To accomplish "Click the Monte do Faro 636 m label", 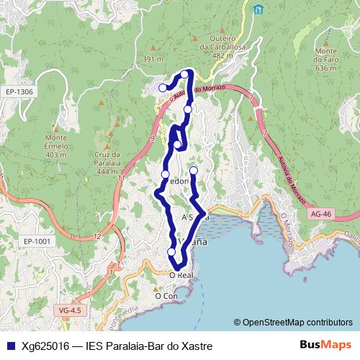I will click(x=326, y=60).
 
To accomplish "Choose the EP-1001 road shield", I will click(x=37, y=241).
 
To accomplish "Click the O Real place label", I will click(x=181, y=275).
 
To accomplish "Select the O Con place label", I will click(x=166, y=295).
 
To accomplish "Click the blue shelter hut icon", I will click(x=258, y=9).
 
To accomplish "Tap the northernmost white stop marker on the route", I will click(x=185, y=74).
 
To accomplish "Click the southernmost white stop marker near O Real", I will click(x=171, y=251).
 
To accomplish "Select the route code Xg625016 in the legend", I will click(x=47, y=346).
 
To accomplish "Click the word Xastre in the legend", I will click(x=197, y=346).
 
